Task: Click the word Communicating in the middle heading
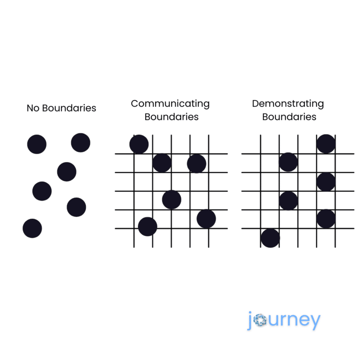[x=170, y=104]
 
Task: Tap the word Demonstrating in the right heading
[x=288, y=104]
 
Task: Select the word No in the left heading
[x=33, y=108]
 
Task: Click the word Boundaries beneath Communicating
[x=172, y=117]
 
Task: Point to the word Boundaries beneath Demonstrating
[x=289, y=117]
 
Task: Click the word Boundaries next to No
[x=69, y=108]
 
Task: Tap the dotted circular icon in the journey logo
[x=260, y=320]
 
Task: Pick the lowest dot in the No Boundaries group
[x=32, y=228]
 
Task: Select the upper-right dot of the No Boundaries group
[x=80, y=143]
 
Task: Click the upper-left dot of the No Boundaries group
[x=37, y=144]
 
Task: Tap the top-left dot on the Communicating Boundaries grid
[x=139, y=144]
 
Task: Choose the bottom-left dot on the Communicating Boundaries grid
[x=147, y=227]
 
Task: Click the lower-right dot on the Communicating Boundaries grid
[x=206, y=219]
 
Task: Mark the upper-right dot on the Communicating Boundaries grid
[x=197, y=164]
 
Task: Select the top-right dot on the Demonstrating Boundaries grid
[x=326, y=144]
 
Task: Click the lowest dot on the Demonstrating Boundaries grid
[x=270, y=238]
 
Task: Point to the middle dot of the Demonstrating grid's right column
[x=326, y=181]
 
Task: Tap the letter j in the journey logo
[x=250, y=320]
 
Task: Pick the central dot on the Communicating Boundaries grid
[x=172, y=199]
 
